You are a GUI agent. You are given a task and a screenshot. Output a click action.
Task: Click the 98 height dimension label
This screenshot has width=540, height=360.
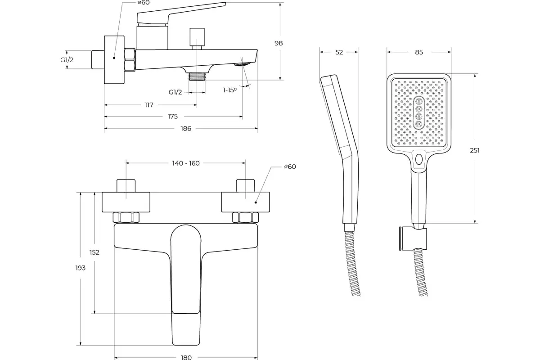click(x=279, y=43)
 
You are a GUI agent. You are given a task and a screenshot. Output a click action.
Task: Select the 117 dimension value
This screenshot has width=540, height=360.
click(x=149, y=105)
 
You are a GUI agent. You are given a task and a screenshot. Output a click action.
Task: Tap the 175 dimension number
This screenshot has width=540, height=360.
click(x=173, y=117)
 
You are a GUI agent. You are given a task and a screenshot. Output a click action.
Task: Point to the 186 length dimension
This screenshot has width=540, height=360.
click(x=186, y=128)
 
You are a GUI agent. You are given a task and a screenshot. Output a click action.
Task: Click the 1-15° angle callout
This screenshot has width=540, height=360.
click(x=230, y=90)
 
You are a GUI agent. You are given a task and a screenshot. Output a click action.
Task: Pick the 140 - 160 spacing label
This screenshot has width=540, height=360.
click(x=185, y=163)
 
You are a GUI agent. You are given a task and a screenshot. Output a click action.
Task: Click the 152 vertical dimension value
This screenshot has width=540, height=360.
click(x=94, y=252)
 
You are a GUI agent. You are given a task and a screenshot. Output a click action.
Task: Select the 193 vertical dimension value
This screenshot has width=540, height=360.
click(x=81, y=268)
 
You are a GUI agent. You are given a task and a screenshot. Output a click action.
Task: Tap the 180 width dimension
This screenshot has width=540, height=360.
click(x=186, y=357)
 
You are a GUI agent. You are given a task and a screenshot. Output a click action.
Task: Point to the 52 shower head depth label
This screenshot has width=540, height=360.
click(x=339, y=52)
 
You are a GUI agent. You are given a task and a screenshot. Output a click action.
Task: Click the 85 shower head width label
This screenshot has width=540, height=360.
click(x=419, y=52)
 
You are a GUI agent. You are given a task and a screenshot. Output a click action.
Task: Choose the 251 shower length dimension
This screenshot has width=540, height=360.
click(x=475, y=150)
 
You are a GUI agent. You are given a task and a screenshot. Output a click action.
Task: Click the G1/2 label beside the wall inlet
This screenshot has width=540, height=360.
click(x=67, y=60)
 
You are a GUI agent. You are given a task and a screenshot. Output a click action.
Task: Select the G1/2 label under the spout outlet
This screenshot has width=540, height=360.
click(x=175, y=92)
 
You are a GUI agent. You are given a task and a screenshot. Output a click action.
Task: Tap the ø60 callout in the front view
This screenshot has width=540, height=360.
click(x=290, y=166)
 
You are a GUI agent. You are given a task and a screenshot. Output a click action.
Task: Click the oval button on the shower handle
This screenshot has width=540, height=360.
click(x=419, y=159)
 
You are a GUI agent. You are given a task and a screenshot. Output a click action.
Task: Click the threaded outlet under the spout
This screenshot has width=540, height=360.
click(x=197, y=76)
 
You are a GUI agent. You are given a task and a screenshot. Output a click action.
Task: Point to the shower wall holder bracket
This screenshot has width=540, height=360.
click(x=413, y=238)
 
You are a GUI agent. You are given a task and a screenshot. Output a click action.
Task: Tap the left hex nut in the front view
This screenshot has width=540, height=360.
click(x=126, y=217)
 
